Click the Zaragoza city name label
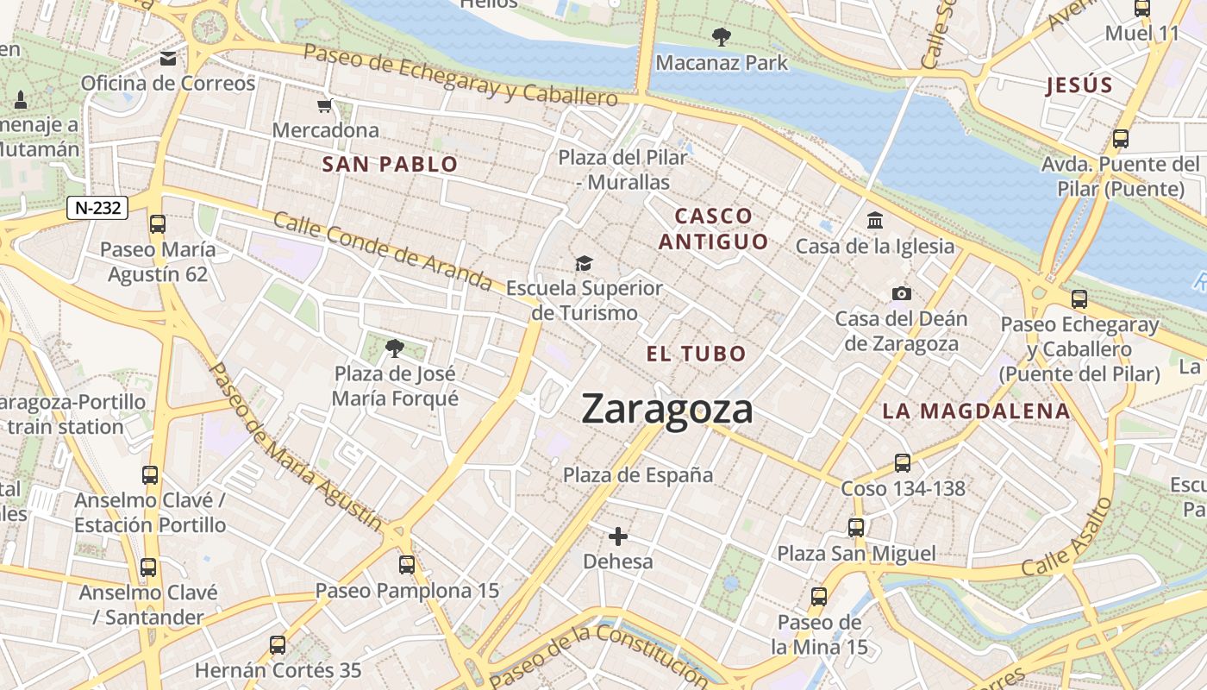click(667, 409)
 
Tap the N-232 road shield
click(97, 207)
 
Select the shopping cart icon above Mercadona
click(325, 106)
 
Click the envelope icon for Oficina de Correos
click(168, 59)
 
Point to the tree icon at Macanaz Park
click(721, 37)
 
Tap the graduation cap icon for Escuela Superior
click(585, 263)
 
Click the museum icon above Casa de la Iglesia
click(875, 221)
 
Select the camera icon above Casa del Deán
click(901, 293)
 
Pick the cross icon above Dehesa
click(618, 536)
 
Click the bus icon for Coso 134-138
click(903, 463)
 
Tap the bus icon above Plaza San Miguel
click(856, 527)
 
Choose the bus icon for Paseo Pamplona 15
click(407, 565)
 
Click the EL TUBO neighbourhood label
click(696, 354)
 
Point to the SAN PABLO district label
click(390, 164)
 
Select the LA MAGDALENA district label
click(976, 411)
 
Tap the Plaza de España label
click(638, 475)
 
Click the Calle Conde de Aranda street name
click(383, 250)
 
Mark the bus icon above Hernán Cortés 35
click(278, 644)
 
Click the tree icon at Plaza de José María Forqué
click(395, 348)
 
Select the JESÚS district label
click(1079, 85)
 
